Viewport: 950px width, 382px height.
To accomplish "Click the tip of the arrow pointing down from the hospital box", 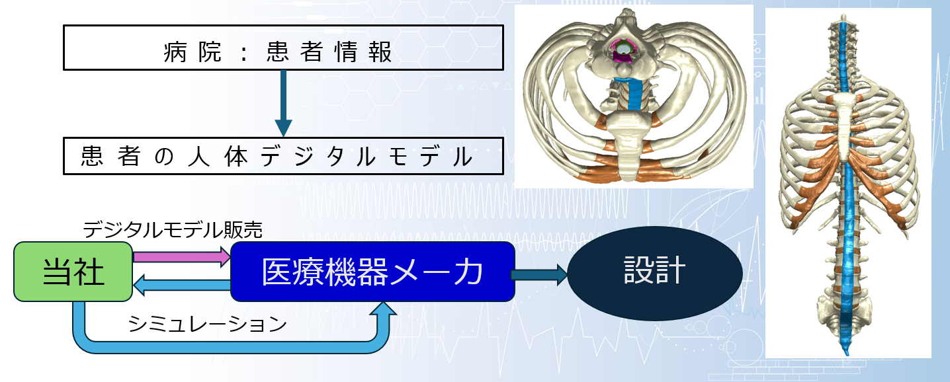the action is pos(283,136).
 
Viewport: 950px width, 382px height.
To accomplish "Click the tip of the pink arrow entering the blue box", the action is pos(230,256).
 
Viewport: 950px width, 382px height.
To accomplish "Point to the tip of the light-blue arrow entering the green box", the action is pos(133,285).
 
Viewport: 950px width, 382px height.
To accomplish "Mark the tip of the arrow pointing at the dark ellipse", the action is pos(568,275).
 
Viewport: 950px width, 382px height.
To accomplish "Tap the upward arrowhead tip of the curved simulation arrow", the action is pos(384,302).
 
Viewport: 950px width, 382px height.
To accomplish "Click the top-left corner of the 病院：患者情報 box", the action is pos(64,25).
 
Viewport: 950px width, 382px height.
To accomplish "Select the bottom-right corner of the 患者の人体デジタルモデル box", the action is pos(503,174).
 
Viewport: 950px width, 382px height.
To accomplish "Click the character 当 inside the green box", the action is pos(57,272).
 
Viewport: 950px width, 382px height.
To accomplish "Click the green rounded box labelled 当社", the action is pos(73,272).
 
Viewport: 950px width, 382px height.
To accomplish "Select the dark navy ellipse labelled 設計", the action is pos(655,273).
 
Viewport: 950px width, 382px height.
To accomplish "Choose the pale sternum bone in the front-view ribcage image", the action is pos(845,123).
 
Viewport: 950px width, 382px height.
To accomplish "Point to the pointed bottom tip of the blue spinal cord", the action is pos(847,355).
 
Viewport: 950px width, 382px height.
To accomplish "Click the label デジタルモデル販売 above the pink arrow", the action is pos(173,231).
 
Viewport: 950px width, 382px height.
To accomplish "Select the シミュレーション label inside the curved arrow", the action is pos(208,325).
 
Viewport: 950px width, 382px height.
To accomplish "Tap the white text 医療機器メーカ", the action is pos(372,272).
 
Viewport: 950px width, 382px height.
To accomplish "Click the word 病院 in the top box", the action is pos(192,52).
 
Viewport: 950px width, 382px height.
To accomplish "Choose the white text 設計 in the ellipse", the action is pos(654,270).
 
